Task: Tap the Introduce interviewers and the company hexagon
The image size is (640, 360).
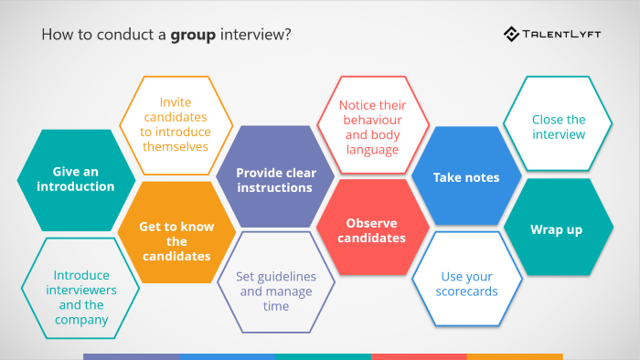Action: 80,291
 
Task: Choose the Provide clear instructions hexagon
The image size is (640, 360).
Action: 273,178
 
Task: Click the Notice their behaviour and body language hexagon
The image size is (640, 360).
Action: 373,127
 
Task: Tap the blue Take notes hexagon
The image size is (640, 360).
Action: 466,177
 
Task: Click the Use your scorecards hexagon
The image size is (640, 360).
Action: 467,283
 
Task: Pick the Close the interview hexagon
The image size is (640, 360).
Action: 559,126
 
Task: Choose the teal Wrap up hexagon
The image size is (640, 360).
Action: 557,229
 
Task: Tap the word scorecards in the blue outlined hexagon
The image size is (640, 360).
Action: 467,291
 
